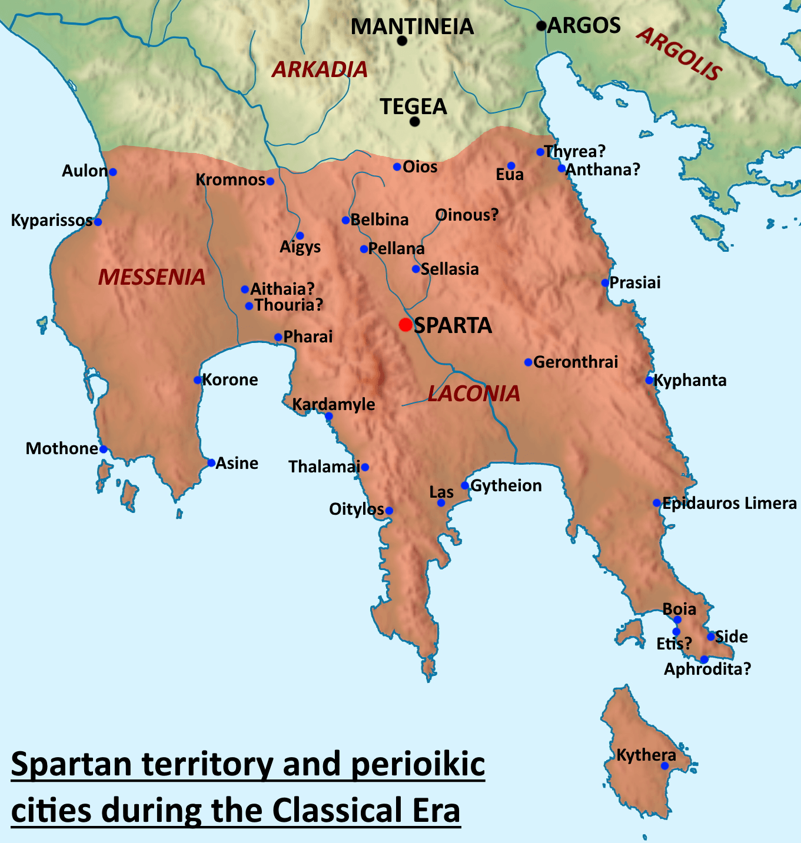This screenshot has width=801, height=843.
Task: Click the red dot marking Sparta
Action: tap(405, 325)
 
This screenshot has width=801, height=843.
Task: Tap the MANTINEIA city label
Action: tap(412, 26)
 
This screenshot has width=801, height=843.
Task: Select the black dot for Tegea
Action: tap(415, 122)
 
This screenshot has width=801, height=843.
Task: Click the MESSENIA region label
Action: tap(152, 277)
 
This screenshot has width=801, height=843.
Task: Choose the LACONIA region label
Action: tap(474, 394)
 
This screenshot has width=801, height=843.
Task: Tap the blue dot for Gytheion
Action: tap(465, 485)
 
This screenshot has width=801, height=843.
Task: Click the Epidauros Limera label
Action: tap(729, 504)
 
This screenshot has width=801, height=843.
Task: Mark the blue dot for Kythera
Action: tap(664, 766)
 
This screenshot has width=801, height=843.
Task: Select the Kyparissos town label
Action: tap(52, 221)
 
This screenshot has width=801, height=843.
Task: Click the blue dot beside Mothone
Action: tap(103, 449)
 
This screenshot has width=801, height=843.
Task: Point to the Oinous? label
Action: tap(467, 215)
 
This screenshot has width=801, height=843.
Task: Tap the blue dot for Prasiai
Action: tap(605, 283)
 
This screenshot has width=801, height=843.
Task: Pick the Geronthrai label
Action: tap(576, 362)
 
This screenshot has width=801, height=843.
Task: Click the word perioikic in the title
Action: tap(418, 765)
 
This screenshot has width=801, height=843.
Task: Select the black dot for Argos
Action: tap(541, 26)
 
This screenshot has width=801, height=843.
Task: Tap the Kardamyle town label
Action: tap(334, 404)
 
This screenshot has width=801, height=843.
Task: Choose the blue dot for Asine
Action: tap(211, 463)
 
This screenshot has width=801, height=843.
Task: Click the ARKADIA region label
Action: tap(320, 70)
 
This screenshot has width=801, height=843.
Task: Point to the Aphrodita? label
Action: tap(707, 669)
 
